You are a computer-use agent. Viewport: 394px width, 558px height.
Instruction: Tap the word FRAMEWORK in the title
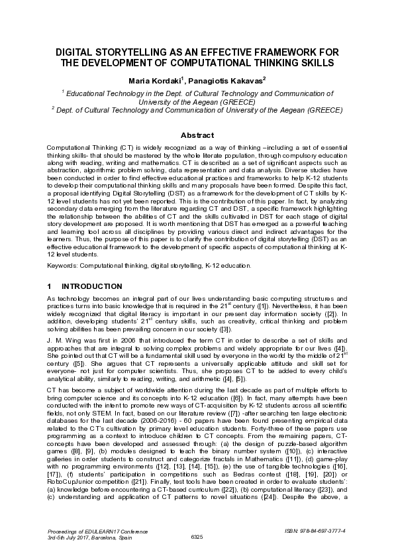coord(287,52)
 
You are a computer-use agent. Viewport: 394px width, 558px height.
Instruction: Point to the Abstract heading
coord(197,135)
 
